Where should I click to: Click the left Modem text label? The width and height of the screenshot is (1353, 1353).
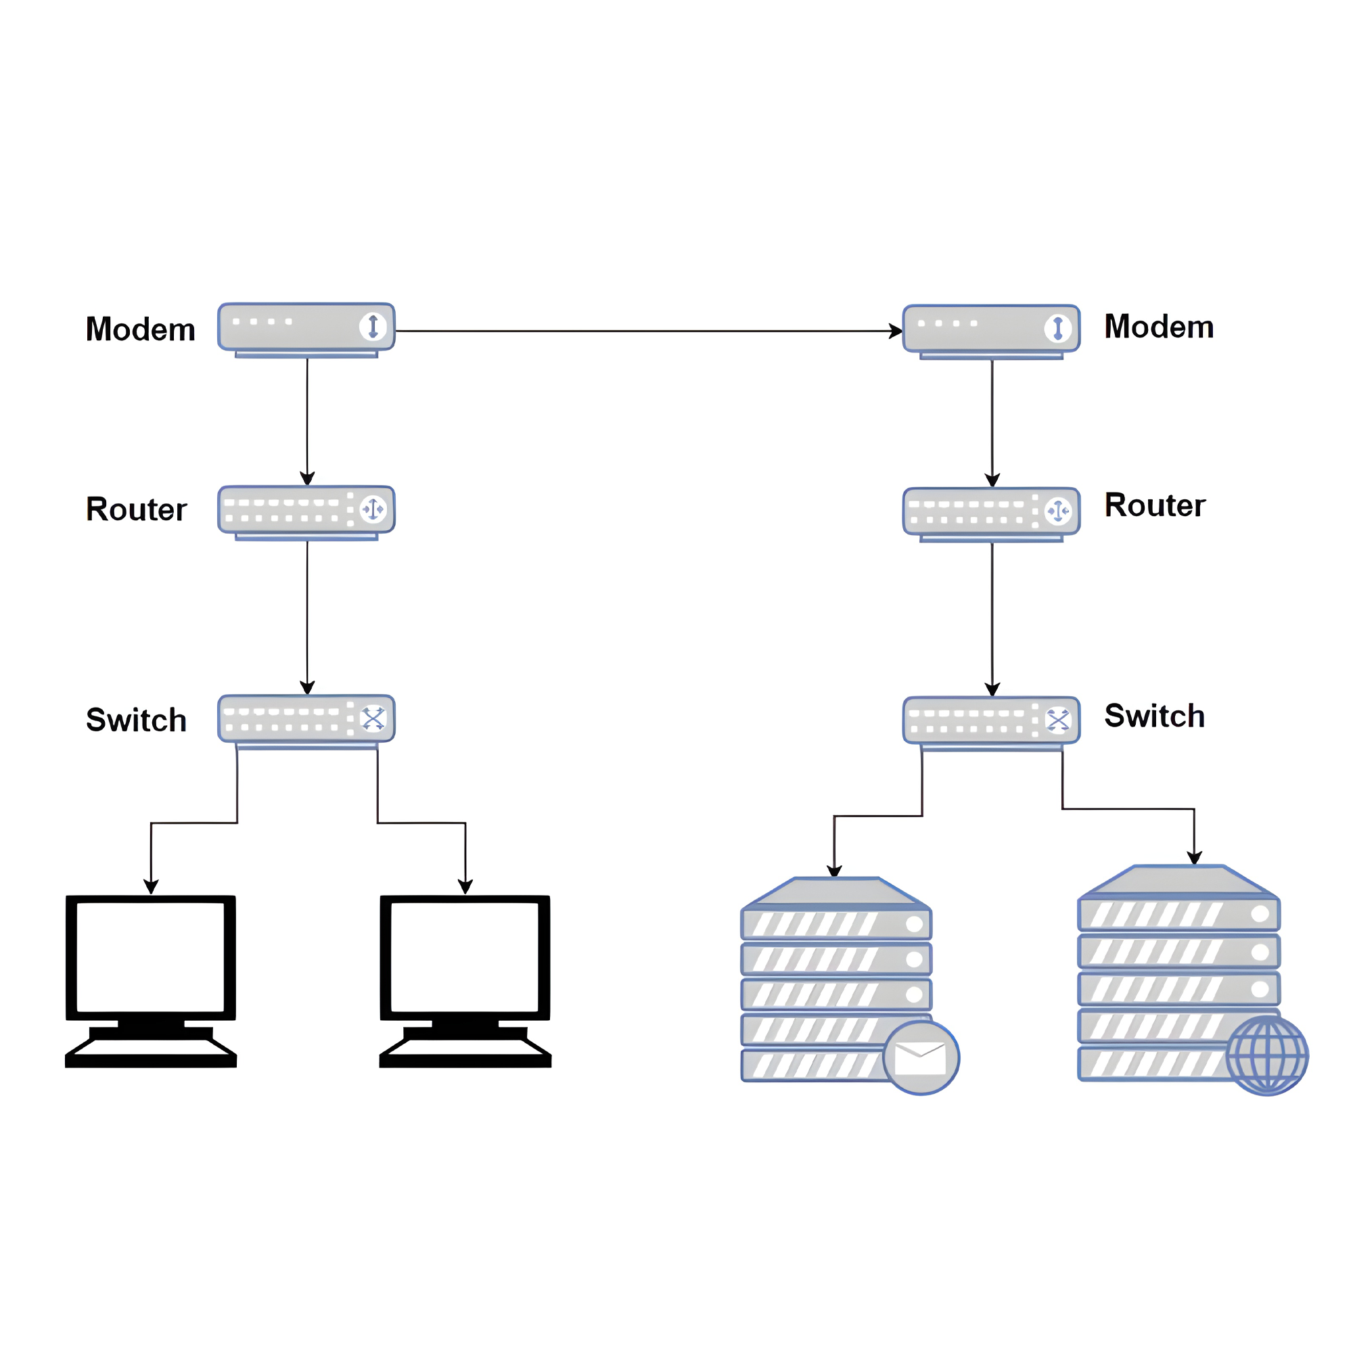(x=140, y=329)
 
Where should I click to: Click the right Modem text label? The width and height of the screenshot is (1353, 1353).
(x=1159, y=327)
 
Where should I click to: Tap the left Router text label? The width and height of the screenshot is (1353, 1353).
(x=136, y=509)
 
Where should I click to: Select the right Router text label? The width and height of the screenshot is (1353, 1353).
(x=1155, y=505)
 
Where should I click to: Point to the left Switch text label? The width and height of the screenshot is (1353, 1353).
(x=136, y=720)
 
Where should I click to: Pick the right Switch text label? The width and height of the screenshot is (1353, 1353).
(x=1155, y=716)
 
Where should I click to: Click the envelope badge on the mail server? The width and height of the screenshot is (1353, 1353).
(x=921, y=1057)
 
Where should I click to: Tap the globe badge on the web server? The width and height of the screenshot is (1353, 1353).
(x=1267, y=1055)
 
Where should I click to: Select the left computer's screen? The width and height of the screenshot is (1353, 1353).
(x=151, y=957)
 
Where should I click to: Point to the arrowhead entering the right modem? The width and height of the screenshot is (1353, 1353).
(x=896, y=331)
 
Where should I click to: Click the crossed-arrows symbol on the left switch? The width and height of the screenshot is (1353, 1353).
(x=373, y=718)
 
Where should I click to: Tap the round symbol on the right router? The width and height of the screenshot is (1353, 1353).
(x=1057, y=511)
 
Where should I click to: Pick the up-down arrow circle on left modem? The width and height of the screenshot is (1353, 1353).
(x=373, y=326)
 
